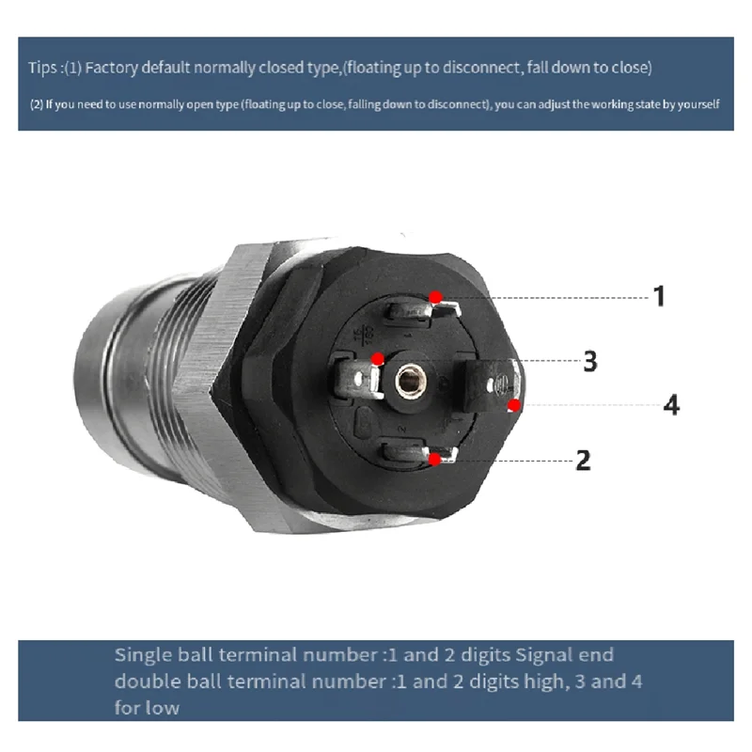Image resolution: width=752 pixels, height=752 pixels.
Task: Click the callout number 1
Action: coord(660,296)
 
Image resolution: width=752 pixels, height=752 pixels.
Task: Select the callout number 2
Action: coord(583,461)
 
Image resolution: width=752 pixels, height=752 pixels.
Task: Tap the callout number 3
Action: coord(590,361)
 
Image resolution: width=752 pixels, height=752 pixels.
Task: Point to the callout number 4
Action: coord(671,405)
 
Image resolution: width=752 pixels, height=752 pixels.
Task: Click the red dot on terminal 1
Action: coord(436,297)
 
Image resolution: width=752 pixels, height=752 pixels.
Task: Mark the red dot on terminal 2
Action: coord(434,460)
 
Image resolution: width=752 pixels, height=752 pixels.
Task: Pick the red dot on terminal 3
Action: coord(378,358)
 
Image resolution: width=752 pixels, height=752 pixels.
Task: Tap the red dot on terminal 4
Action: coord(514,405)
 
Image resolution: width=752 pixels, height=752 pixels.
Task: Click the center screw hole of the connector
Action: coord(408,380)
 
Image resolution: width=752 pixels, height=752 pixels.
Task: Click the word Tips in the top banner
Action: coord(43,69)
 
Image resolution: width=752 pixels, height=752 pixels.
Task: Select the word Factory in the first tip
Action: coord(114,69)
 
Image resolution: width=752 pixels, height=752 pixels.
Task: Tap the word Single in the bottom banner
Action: coord(140,654)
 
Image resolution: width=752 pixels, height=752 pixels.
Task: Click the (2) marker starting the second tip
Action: coord(37,103)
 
